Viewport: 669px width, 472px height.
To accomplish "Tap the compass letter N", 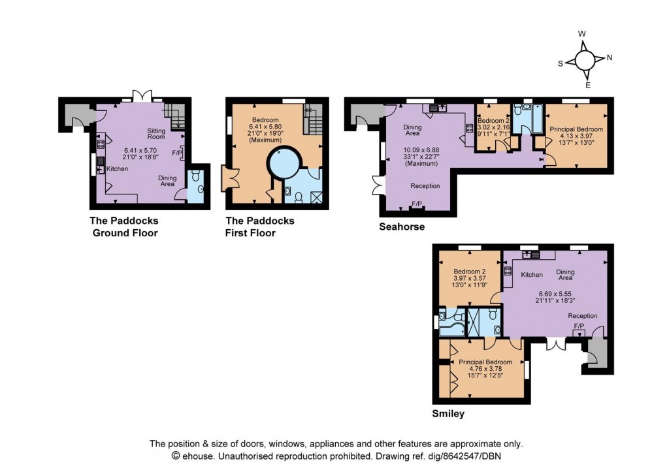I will pos(610,57).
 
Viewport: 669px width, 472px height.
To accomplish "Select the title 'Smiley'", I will pos(448,413).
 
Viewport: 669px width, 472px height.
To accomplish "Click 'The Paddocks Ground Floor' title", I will pos(124,227).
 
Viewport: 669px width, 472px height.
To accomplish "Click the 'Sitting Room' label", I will pos(156,134).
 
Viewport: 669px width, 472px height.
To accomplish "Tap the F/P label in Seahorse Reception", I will pos(416,204).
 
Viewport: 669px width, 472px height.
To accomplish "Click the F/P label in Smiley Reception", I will pos(579,326).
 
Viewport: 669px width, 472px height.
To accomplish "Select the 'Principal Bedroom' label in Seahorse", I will pos(576,129).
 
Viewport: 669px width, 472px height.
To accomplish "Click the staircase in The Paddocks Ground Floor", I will pos(174,114).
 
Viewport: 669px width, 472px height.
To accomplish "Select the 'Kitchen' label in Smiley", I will pos(532,275).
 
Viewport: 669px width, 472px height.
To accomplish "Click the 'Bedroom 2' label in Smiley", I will pos(470,271).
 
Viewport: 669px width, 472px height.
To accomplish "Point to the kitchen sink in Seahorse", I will pos(435,108).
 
